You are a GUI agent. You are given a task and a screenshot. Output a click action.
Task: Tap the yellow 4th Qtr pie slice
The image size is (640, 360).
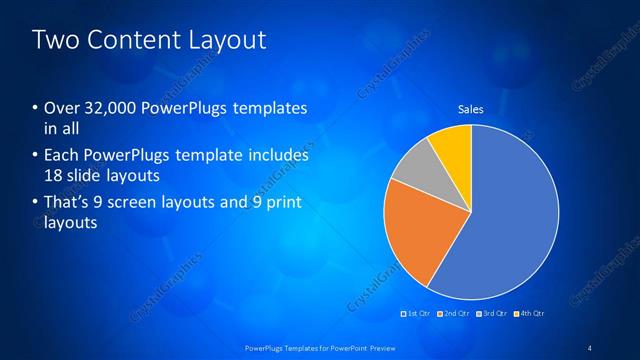(449, 146)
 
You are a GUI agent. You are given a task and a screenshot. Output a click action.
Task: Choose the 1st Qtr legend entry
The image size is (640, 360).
(417, 314)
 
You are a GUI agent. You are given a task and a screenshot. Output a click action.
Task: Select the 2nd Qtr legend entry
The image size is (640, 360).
(456, 314)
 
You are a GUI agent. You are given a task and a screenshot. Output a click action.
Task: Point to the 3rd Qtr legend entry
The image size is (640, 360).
(493, 314)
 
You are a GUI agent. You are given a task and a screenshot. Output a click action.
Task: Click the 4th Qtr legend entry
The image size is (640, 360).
(530, 314)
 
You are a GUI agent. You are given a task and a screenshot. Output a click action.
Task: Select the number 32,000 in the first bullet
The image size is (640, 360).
(105, 108)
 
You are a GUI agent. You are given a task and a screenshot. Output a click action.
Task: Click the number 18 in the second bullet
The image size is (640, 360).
(55, 176)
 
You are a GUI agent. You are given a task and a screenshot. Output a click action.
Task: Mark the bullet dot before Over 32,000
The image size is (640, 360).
(36, 108)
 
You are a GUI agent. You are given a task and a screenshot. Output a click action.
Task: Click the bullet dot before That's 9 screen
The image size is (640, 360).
(36, 203)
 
